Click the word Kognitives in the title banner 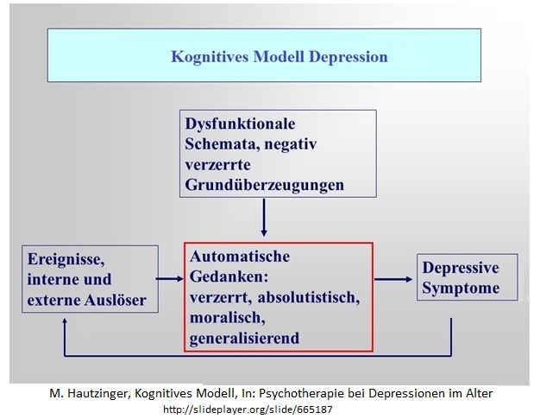210,57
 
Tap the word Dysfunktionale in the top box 240,124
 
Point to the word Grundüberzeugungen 264,185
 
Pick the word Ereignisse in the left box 66,259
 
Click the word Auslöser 116,300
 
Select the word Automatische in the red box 240,257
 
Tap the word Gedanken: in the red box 229,276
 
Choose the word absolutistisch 309,297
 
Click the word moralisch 228,318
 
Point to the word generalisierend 244,338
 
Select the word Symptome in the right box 461,288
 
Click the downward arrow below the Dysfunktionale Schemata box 264,217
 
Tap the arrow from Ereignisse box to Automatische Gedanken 170,279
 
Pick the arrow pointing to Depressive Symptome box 393,280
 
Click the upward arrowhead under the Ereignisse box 65,321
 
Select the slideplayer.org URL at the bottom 248,409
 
